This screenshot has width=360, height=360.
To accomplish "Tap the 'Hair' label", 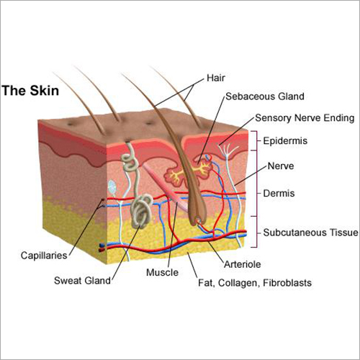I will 216,77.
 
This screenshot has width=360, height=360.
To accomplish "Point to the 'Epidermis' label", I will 286,141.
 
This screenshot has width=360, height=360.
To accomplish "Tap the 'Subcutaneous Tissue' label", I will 310,232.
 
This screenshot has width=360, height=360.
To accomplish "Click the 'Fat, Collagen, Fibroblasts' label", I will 254,283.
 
